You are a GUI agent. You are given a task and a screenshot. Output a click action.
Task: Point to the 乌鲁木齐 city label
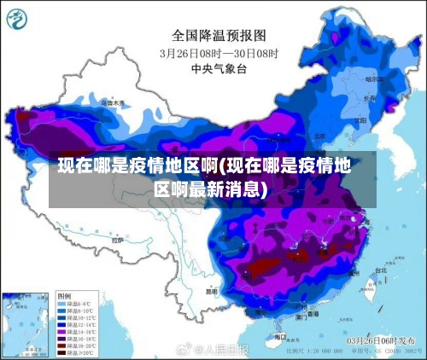coord(113,103)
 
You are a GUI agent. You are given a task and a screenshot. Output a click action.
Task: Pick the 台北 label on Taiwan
coord(382,270)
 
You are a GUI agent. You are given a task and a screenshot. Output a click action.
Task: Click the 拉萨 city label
coord(115,241)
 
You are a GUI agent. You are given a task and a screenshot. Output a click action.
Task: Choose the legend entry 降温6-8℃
coord(79,303)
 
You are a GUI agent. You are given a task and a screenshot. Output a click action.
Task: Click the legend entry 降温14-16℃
coord(81,331)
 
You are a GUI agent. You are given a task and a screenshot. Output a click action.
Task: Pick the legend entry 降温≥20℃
coord(79,351)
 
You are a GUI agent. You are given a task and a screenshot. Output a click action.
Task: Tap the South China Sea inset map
coord(26,323)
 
